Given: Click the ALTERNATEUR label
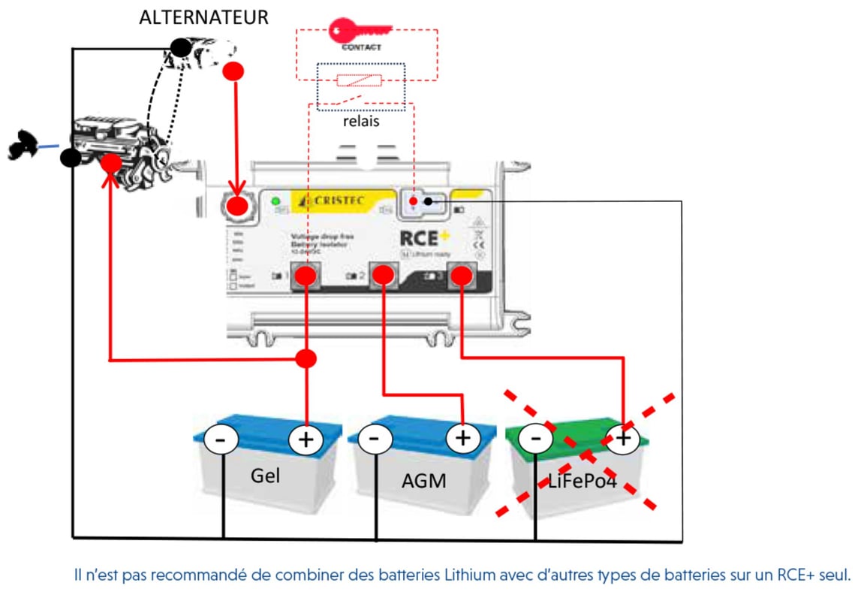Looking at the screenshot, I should coord(203,18).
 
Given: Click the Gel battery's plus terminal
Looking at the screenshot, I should coord(306,440).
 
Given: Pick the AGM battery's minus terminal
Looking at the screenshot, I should coord(375,438).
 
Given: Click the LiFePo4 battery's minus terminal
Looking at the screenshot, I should coord(536,437).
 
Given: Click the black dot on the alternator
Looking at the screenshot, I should coord(180,49).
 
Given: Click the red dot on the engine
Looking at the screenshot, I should coord(112,162).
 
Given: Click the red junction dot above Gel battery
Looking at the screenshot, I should coord(306,359).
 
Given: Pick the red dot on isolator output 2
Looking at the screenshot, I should coord(383,276).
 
